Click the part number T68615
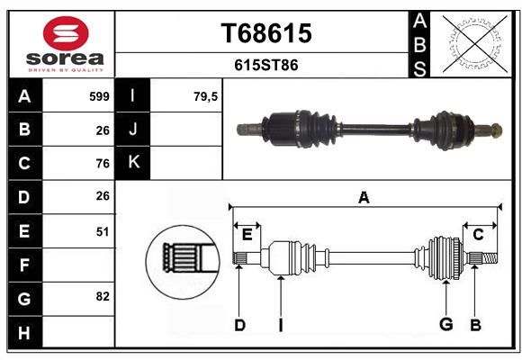pyautogui.click(x=266, y=33)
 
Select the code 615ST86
pyautogui.click(x=266, y=65)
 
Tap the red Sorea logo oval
pyautogui.click(x=66, y=33)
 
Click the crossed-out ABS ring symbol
pyautogui.click(x=475, y=44)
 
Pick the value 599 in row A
pyautogui.click(x=99, y=96)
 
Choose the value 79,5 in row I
pyautogui.click(x=205, y=96)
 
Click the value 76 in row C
pyautogui.click(x=103, y=164)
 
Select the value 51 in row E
pyautogui.click(x=103, y=231)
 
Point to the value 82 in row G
pyautogui.click(x=103, y=296)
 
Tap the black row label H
pyautogui.click(x=24, y=333)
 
